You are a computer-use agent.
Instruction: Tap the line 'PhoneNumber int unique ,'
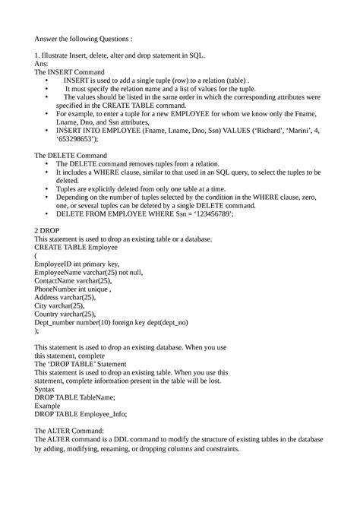pos(79,289)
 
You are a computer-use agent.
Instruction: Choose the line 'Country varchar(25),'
pos(65,314)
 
